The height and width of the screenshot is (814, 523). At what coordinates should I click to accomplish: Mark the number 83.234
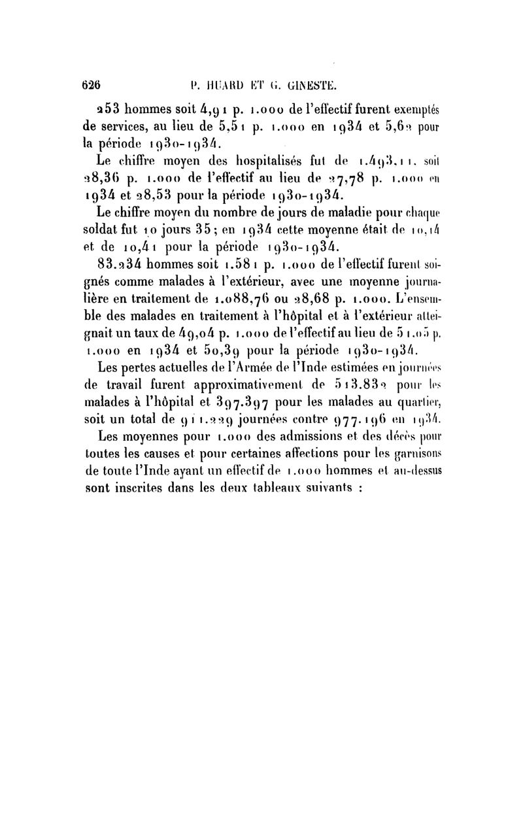pos(121,265)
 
